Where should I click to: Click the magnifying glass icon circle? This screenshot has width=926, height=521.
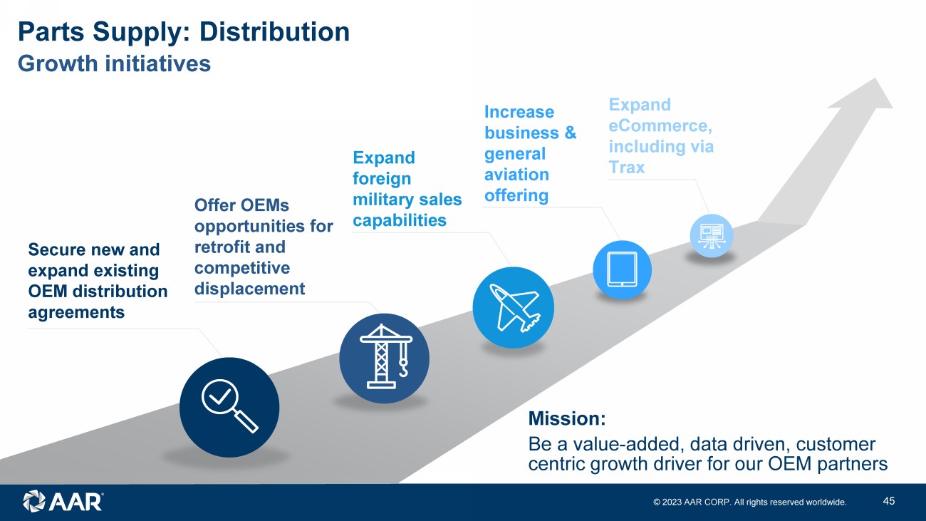click(229, 407)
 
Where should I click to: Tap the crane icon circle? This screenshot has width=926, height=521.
click(384, 358)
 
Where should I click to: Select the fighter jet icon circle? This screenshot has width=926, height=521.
click(513, 307)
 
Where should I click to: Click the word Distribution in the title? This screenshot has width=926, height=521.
click(274, 31)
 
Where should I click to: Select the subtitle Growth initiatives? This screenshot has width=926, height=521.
click(114, 63)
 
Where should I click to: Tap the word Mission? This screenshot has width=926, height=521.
click(567, 418)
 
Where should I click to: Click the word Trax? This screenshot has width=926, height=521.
click(626, 167)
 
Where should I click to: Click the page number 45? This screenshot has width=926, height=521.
click(888, 501)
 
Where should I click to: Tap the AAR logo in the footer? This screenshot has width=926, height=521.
click(63, 501)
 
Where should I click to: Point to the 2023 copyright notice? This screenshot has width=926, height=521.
click(750, 502)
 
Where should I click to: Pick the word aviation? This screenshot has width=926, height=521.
click(516, 175)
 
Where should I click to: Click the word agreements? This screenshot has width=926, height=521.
click(76, 312)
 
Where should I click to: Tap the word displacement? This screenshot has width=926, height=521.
click(249, 289)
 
